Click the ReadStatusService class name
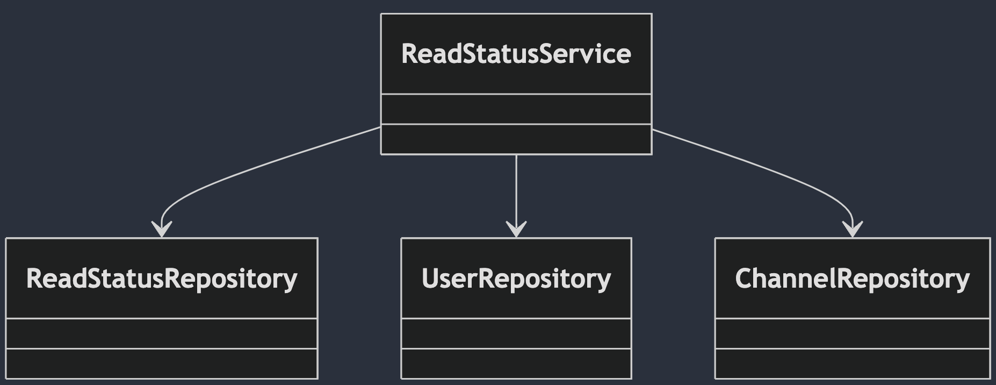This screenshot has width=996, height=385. coord(516,54)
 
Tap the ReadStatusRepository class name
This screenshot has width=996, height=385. coord(162,279)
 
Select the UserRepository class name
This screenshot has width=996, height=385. coord(516,279)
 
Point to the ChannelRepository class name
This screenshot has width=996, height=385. coord(853,279)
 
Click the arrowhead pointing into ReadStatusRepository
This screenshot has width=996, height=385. coord(161,230)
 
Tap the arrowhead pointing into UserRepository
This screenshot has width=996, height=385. coord(516,230)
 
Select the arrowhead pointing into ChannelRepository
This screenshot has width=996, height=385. coord(853,230)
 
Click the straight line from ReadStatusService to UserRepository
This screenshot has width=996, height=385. coord(516,196)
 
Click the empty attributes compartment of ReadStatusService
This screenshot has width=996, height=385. coord(516,109)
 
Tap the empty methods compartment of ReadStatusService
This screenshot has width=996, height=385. coord(516,139)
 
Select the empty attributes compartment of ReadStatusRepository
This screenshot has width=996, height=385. coord(162,333)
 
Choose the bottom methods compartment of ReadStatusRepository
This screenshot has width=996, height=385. coord(162,363)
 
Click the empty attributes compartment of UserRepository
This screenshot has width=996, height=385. coord(516,333)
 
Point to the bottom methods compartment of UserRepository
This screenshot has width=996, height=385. coord(516,363)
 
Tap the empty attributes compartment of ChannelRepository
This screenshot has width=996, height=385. coord(853,333)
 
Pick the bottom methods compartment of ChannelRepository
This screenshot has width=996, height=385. coord(853,363)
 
